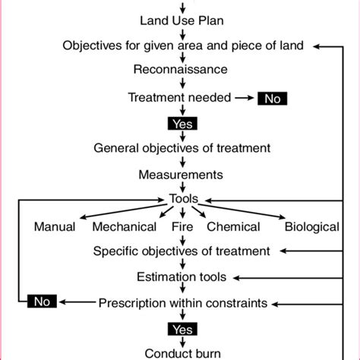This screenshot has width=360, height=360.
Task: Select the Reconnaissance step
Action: coord(181,71)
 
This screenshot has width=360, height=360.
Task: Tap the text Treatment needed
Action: coord(176,97)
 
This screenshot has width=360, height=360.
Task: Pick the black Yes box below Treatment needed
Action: coord(181,123)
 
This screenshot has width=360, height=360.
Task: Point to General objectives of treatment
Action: coord(181,148)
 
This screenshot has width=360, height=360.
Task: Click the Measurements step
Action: coord(181,175)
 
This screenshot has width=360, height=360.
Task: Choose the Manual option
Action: coord(55,226)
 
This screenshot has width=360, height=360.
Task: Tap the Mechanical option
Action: coord(125,226)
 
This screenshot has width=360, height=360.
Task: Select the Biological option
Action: coord(311,226)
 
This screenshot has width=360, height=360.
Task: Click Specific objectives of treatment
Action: coord(182,251)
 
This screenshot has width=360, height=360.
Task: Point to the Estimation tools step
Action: coord(181,277)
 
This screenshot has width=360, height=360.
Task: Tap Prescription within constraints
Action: coord(182,303)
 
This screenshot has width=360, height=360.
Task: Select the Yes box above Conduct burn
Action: coord(181,329)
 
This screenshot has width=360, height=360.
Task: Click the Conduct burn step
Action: coord(181,352)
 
